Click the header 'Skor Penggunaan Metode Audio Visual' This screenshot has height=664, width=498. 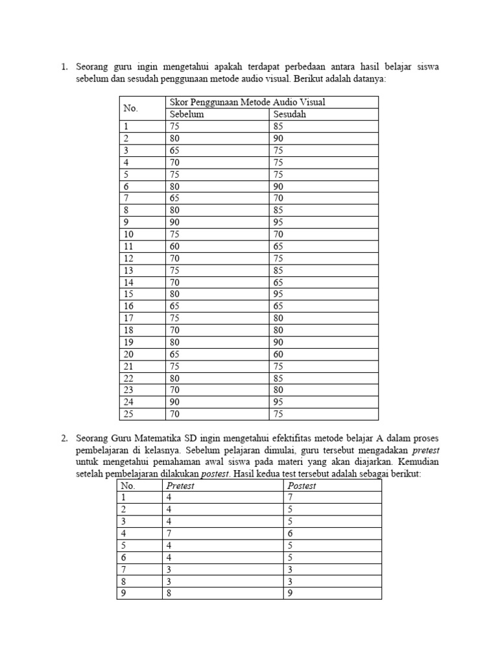pyautogui.click(x=247, y=102)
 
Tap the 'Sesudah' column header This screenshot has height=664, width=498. pyautogui.click(x=289, y=114)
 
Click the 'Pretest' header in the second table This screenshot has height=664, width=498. pyautogui.click(x=180, y=485)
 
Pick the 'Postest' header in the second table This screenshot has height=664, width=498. pyautogui.click(x=302, y=485)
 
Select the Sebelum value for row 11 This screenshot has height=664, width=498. pyautogui.click(x=174, y=246)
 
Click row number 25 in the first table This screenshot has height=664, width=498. pyautogui.click(x=129, y=414)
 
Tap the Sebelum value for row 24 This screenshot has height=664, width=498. pyautogui.click(x=174, y=401)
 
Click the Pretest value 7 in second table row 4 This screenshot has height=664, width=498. pyautogui.click(x=169, y=532)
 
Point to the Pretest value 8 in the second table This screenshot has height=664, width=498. pyautogui.click(x=169, y=592)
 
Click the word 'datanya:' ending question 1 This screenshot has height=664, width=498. pyautogui.click(x=366, y=78)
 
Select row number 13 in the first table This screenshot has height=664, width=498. pyautogui.click(x=129, y=270)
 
